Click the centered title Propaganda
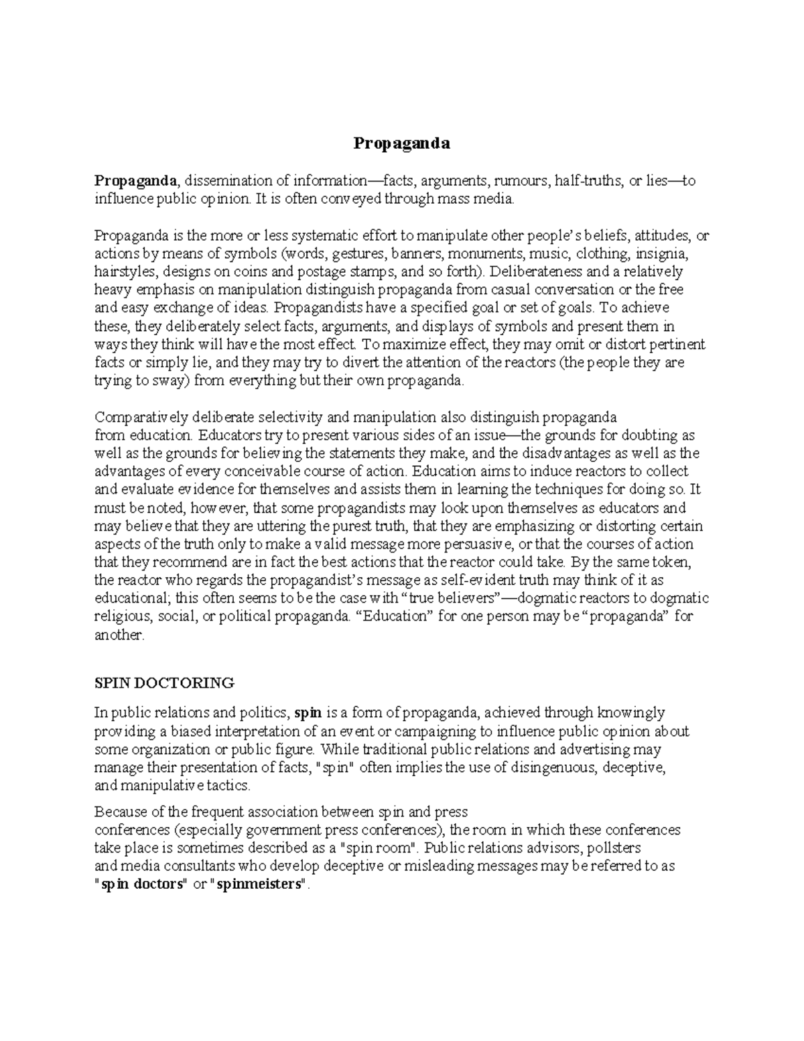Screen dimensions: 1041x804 pos(402,143)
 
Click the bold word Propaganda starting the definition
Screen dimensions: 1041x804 pos(136,180)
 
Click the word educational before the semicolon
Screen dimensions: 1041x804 pos(133,598)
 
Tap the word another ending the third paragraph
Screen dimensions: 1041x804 pos(118,634)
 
